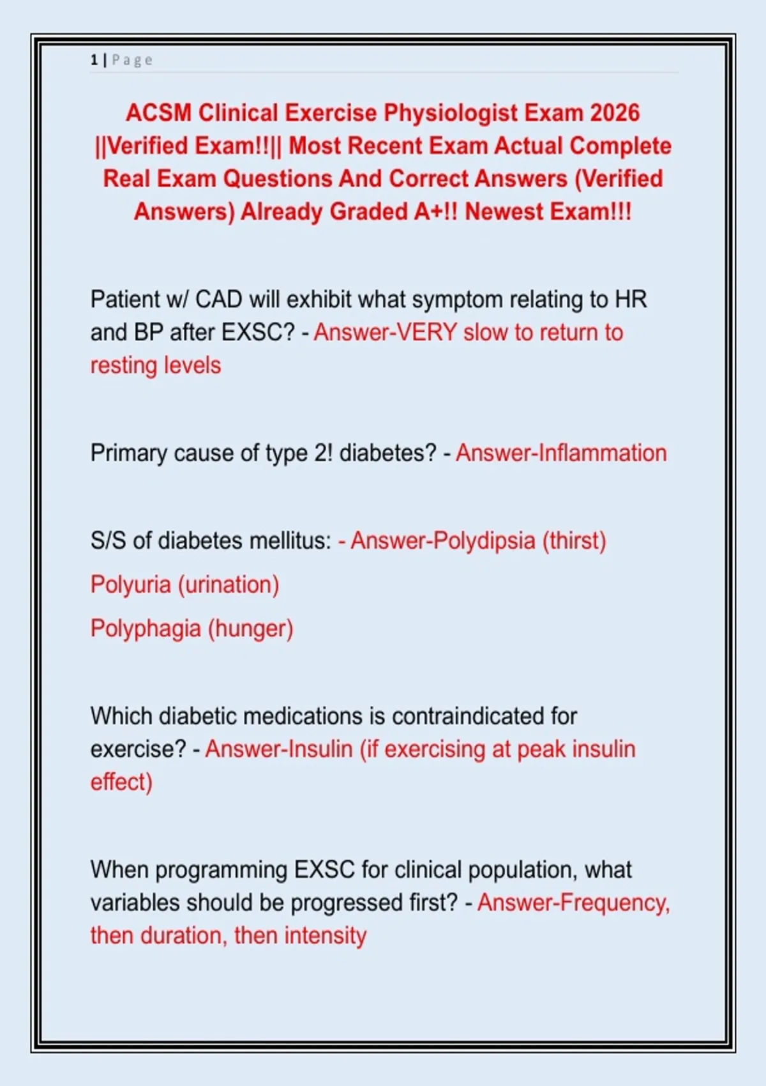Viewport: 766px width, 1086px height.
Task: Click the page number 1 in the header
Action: click(x=94, y=60)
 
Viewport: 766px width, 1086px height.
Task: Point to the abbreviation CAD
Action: click(x=218, y=299)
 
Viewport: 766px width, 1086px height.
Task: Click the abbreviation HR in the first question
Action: click(x=631, y=299)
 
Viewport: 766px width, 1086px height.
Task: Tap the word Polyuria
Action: click(x=131, y=585)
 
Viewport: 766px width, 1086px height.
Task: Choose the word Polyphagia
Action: click(x=146, y=629)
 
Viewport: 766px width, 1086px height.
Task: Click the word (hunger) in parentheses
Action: click(x=250, y=629)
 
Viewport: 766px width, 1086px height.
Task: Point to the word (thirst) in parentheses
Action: click(x=574, y=542)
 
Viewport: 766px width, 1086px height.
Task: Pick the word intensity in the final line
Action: click(x=325, y=937)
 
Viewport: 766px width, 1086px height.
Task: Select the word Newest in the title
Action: click(x=504, y=212)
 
